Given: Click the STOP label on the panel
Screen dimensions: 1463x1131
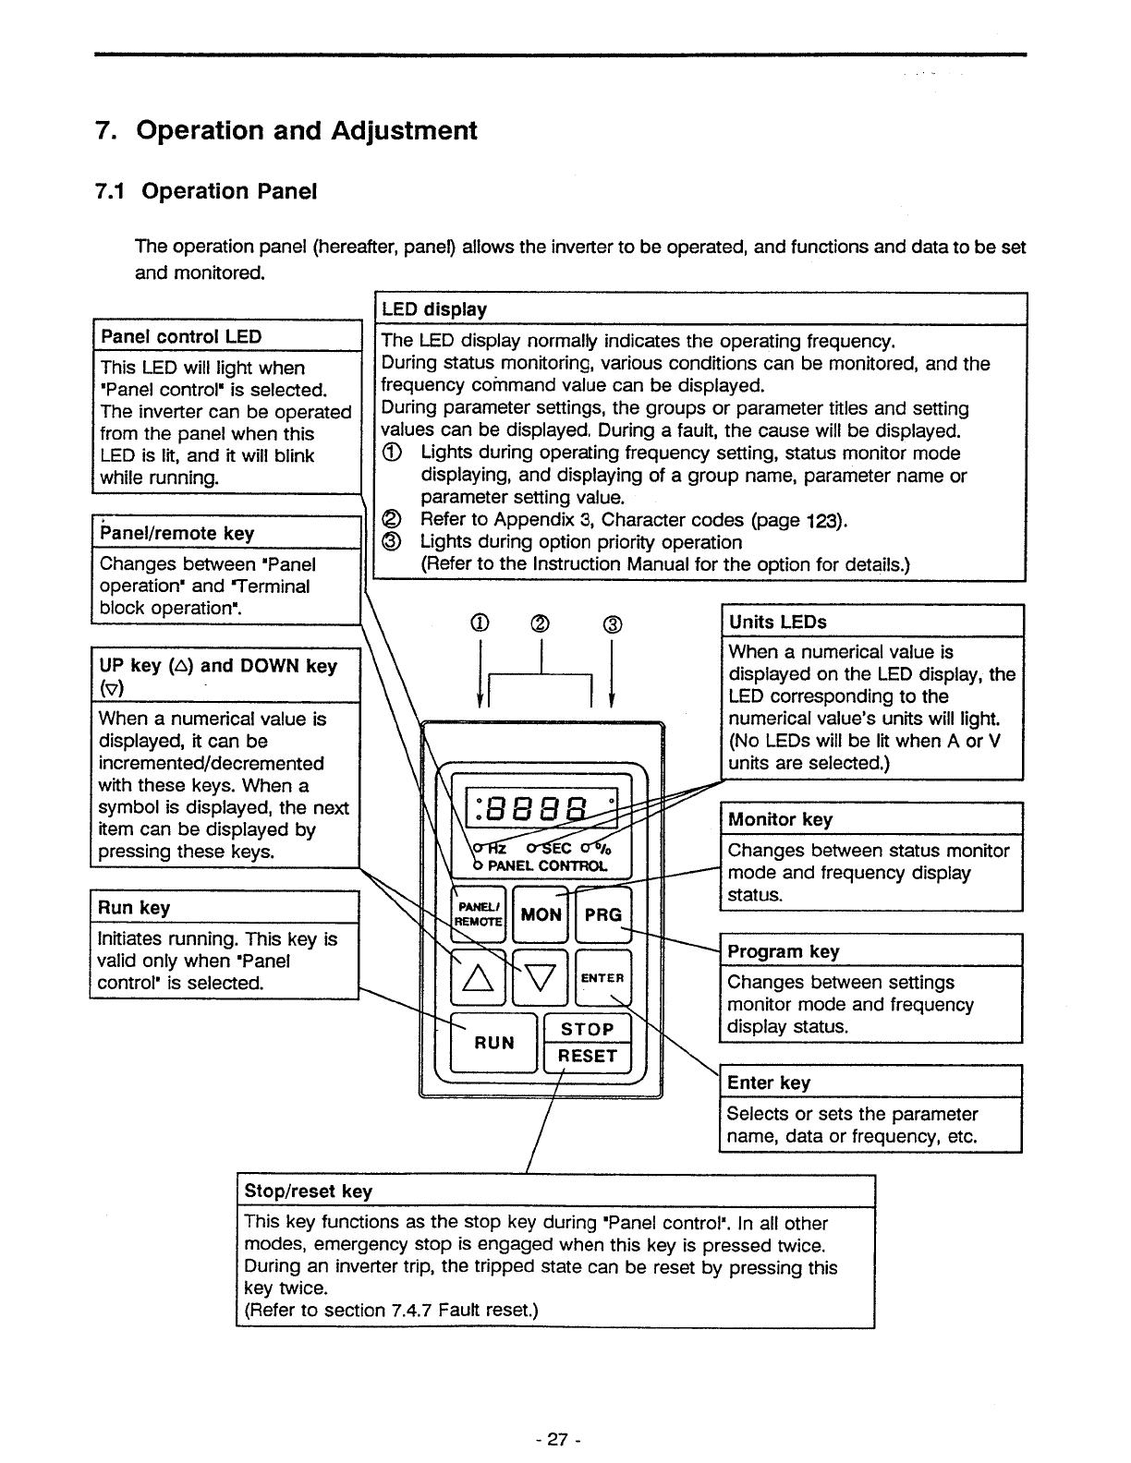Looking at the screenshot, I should [588, 1029].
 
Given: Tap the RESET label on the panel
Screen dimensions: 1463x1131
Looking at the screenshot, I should [588, 1056].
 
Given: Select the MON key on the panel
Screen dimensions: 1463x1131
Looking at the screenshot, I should [541, 914].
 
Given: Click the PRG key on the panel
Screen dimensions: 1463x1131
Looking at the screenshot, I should [603, 914].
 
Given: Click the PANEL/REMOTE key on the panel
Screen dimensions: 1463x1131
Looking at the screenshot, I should [479, 914].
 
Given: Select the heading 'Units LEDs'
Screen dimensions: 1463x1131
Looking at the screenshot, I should [778, 622].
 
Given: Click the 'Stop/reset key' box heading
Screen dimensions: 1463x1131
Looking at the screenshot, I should [308, 1191].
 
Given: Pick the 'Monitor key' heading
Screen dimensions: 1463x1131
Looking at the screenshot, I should [780, 819].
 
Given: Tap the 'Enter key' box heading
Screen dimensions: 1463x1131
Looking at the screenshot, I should [769, 1082].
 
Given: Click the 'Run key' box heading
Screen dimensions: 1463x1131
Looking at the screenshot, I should [135, 908].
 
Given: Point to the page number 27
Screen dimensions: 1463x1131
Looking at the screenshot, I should [556, 1439].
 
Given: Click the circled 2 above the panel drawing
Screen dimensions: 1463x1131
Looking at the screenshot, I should [541, 624].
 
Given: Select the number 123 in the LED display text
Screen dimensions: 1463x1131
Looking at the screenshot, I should [822, 520].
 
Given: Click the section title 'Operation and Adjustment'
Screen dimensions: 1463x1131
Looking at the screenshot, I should [306, 130].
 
